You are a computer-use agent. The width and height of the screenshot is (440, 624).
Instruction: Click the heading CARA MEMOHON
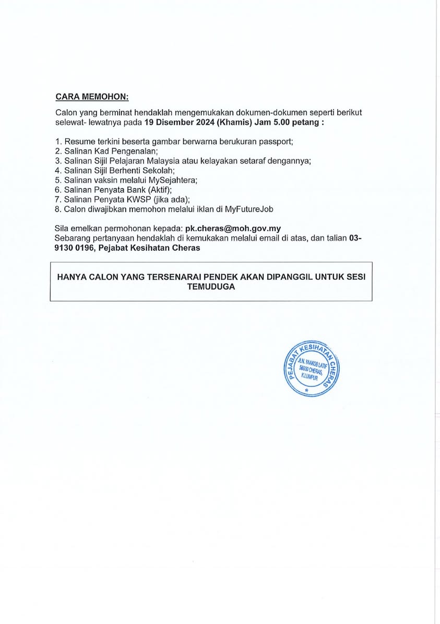[x=91, y=97]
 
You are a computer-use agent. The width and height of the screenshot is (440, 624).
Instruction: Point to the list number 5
[x=57, y=180]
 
